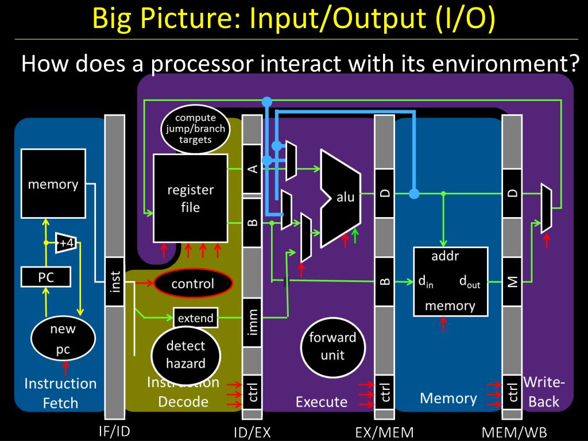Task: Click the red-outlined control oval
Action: click(192, 284)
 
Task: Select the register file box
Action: click(190, 198)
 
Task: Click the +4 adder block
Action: click(67, 243)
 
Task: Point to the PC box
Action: click(46, 278)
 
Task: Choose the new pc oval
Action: click(63, 339)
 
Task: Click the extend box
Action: click(196, 318)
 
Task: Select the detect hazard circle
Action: click(185, 354)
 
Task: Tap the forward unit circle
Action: click(332, 346)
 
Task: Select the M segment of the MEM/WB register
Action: click(512, 281)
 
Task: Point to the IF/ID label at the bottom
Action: click(114, 431)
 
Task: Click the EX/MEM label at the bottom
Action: click(384, 432)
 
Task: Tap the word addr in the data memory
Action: click(445, 256)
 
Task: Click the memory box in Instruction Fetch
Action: click(53, 184)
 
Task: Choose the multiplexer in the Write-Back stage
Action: click(546, 208)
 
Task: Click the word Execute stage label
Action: click(322, 402)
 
